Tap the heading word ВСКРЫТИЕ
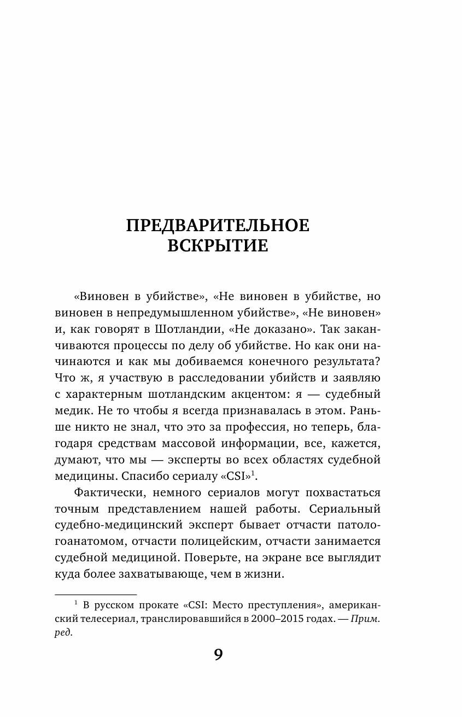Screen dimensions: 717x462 pos(218,246)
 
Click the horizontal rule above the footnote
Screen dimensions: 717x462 pos(96,594)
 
